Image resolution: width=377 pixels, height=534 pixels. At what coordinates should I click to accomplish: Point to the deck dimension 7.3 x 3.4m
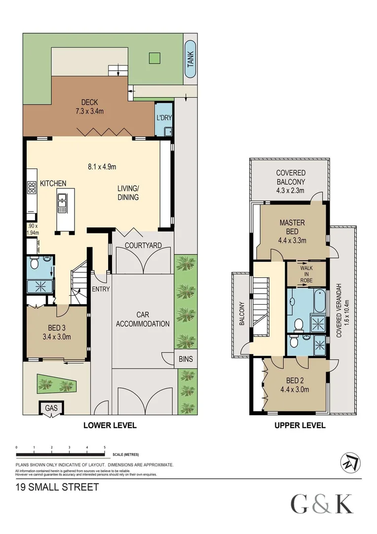(x=93, y=111)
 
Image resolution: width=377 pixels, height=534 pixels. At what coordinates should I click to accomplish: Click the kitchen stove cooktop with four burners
(x=32, y=187)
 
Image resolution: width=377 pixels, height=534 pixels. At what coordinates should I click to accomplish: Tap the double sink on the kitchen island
(x=63, y=203)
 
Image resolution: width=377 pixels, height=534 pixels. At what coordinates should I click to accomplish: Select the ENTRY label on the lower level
(x=101, y=289)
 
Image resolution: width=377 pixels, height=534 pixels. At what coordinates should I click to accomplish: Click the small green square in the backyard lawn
(x=154, y=58)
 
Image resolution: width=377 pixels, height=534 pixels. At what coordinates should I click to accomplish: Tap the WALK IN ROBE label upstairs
(x=306, y=274)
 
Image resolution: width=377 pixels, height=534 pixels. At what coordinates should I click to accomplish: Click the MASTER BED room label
(x=292, y=227)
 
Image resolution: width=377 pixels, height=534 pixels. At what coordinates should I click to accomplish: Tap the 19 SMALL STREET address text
(x=57, y=487)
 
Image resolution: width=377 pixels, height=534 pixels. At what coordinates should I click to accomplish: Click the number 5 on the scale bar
(x=105, y=447)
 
